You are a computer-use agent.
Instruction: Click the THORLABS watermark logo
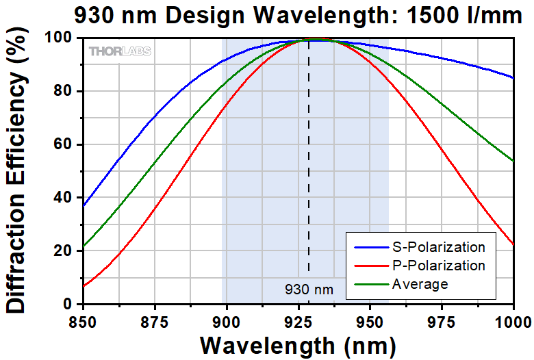[x=120, y=51]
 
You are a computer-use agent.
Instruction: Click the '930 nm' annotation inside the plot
[x=309, y=290]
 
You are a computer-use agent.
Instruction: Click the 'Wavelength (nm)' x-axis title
[x=298, y=344]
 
